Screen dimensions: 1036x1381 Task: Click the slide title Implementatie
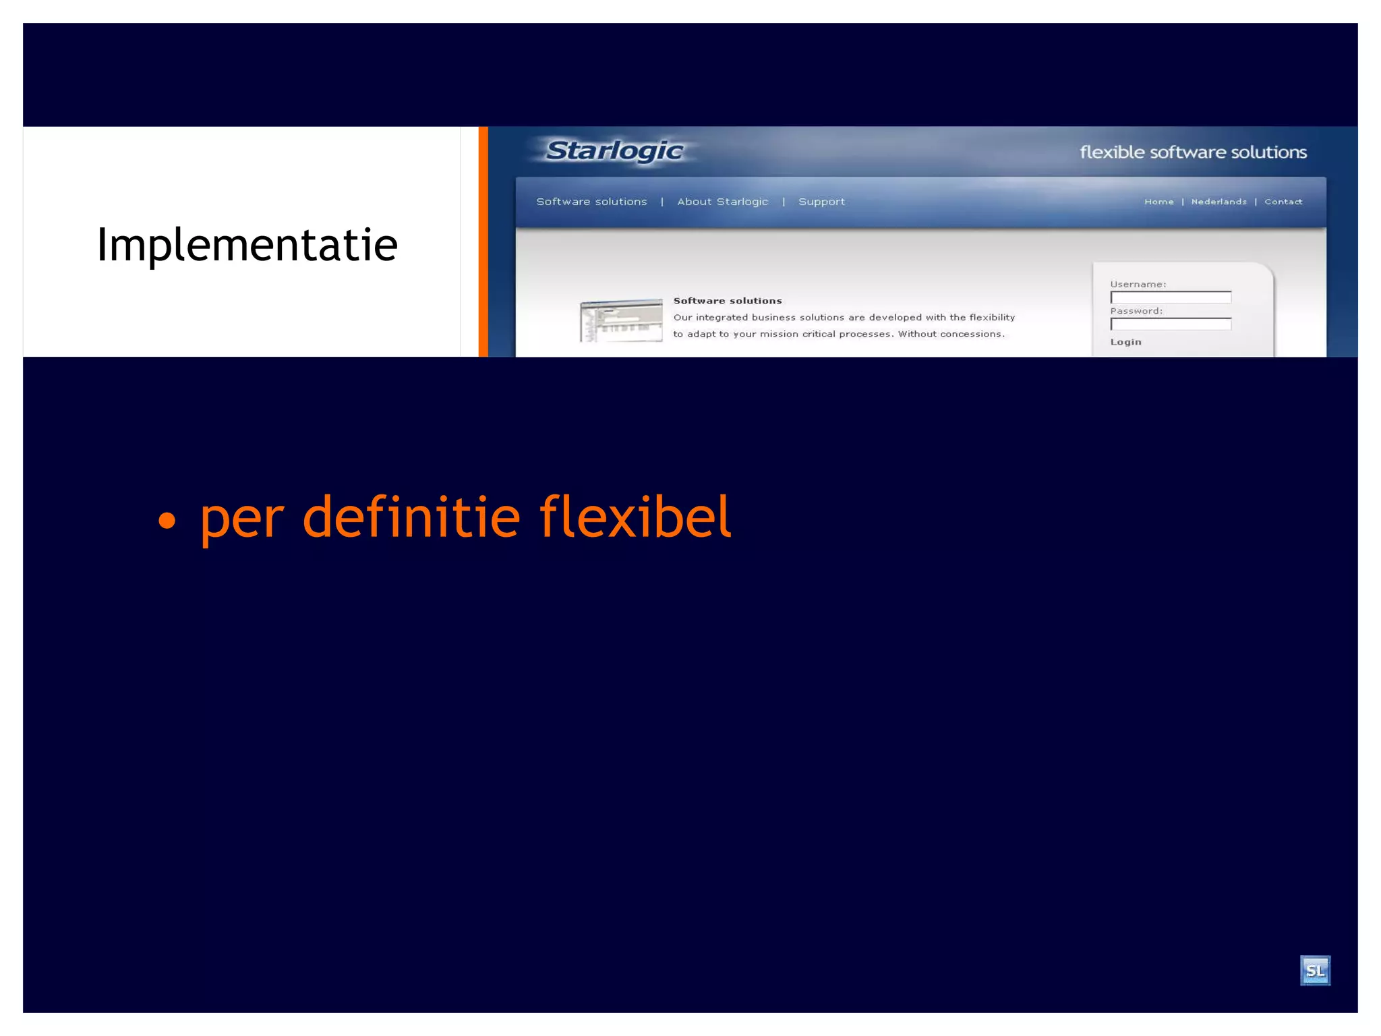click(247, 245)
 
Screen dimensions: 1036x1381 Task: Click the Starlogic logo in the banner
click(614, 150)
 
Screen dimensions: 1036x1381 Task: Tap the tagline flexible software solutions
click(1192, 152)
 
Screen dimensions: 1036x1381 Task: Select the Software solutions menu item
click(591, 202)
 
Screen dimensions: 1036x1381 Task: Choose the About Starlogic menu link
click(722, 202)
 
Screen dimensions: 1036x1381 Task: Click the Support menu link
click(821, 202)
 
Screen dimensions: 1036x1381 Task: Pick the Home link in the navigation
click(1158, 202)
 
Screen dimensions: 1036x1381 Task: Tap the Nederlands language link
click(1218, 202)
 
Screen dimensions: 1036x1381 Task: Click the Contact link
click(1283, 202)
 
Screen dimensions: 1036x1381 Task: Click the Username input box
click(1171, 297)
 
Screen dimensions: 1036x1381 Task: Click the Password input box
click(1171, 324)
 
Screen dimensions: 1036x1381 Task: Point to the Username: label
click(1138, 285)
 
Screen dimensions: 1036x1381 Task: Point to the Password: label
click(1136, 311)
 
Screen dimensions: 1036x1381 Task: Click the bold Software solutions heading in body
click(727, 301)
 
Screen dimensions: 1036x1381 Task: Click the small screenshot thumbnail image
click(621, 320)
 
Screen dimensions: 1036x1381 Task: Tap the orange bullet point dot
click(167, 521)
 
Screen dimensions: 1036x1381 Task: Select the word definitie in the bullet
click(411, 517)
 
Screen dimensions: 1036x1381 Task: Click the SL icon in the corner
click(1314, 971)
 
